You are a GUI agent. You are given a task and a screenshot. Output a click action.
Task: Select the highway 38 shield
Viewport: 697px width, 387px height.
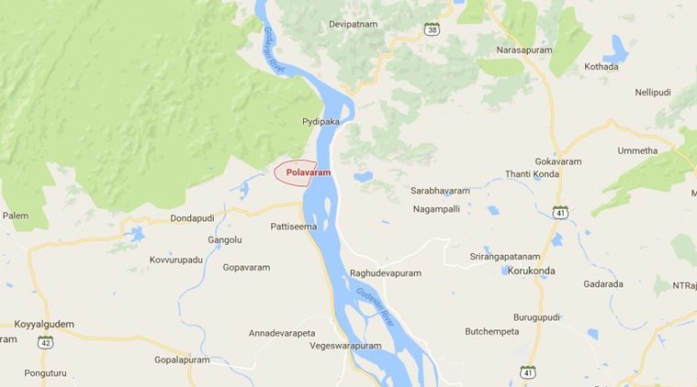(431, 29)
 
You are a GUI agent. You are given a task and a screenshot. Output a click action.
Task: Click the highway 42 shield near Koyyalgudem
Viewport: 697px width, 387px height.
(46, 342)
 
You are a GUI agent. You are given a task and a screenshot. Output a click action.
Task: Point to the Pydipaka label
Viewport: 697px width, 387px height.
(320, 121)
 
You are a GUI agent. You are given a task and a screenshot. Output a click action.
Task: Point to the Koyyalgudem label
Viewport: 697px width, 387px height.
(44, 324)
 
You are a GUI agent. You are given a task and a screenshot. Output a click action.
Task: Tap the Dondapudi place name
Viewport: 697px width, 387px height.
(197, 218)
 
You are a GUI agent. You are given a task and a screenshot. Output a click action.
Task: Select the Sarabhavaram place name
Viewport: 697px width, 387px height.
(440, 191)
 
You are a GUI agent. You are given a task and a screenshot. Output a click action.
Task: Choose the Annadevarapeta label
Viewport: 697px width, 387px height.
(282, 332)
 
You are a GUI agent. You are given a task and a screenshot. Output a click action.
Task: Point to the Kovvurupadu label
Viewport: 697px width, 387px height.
(175, 260)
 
